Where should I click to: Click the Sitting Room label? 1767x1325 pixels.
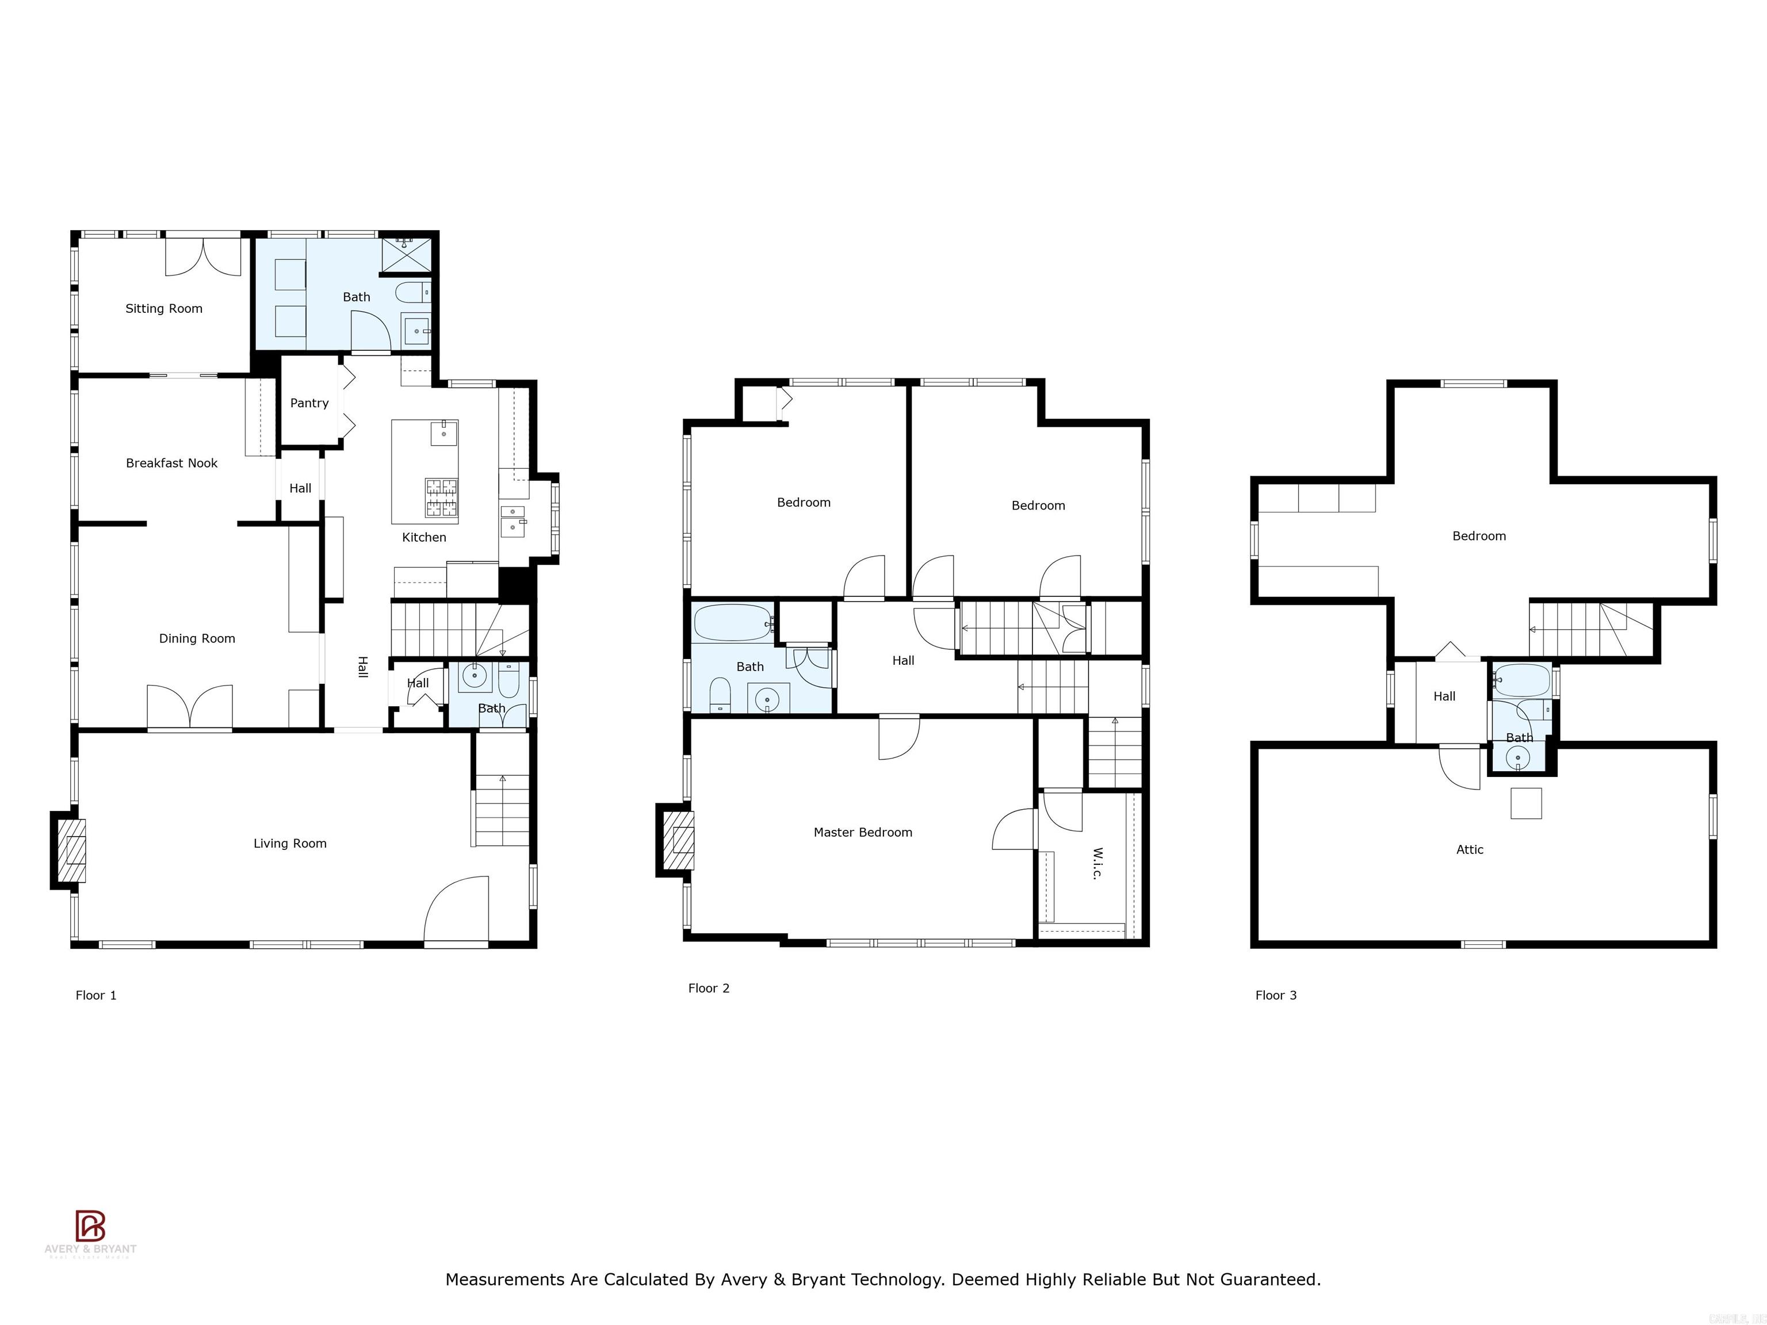(x=164, y=308)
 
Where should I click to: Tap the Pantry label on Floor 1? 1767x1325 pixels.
(x=309, y=403)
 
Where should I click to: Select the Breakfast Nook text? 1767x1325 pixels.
(x=172, y=463)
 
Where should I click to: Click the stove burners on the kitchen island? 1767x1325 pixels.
(x=442, y=497)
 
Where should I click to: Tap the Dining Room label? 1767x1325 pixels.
(x=197, y=638)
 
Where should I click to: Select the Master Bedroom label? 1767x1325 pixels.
(x=863, y=832)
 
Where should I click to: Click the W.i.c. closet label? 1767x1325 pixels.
(x=1097, y=863)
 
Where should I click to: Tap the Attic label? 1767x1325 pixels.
(x=1470, y=850)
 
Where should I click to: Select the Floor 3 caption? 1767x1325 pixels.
(x=1276, y=995)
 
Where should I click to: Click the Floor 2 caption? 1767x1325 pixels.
(x=709, y=988)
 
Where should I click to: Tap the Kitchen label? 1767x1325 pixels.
(x=424, y=538)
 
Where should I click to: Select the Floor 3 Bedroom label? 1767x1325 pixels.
(x=1479, y=536)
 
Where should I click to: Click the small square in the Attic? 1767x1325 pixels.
(x=1526, y=803)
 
